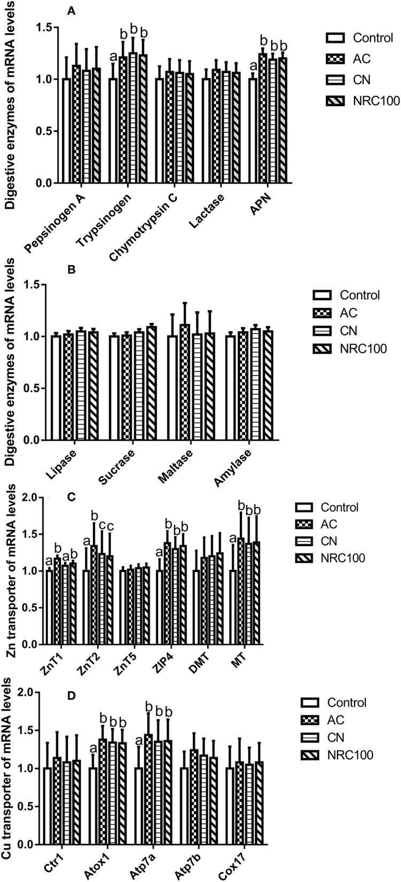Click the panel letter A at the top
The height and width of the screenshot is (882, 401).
click(70, 10)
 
